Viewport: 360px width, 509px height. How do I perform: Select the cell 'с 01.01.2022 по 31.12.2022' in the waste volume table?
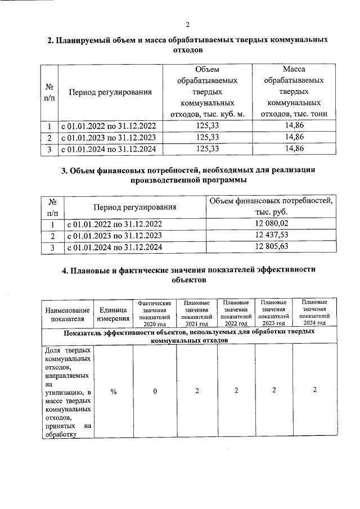pyautogui.click(x=109, y=126)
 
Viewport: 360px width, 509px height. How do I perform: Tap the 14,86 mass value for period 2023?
pyautogui.click(x=294, y=137)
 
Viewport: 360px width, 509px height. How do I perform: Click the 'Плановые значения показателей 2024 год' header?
pyautogui.click(x=314, y=312)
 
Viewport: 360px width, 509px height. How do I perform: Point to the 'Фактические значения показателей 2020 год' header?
pyautogui.click(x=154, y=313)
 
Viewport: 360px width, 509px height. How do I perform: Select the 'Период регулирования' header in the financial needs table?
pyautogui.click(x=135, y=207)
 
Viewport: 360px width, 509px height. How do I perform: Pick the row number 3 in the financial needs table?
pyautogui.click(x=52, y=247)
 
